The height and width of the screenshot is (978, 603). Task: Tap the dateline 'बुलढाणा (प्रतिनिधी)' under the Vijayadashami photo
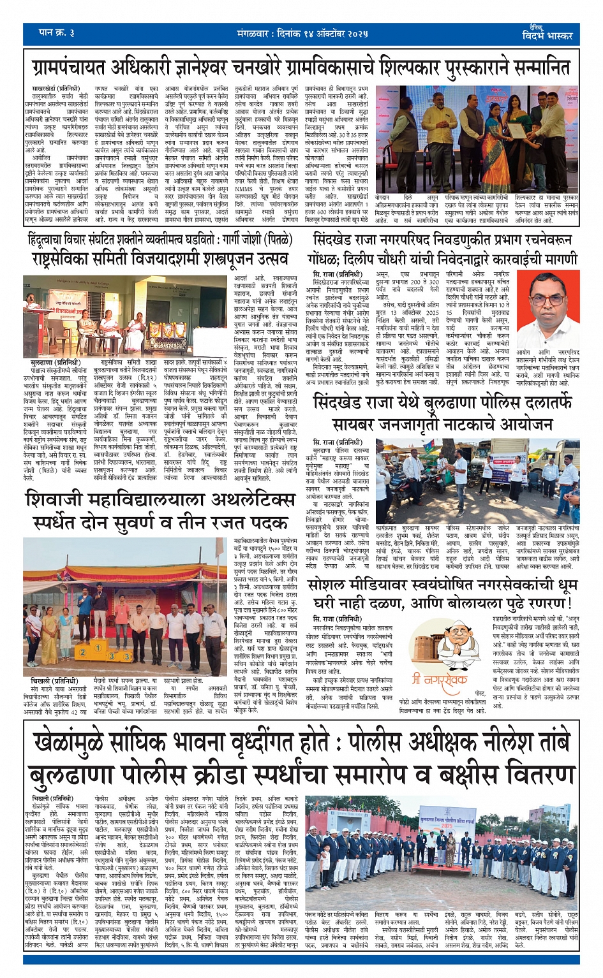[x=54, y=363]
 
